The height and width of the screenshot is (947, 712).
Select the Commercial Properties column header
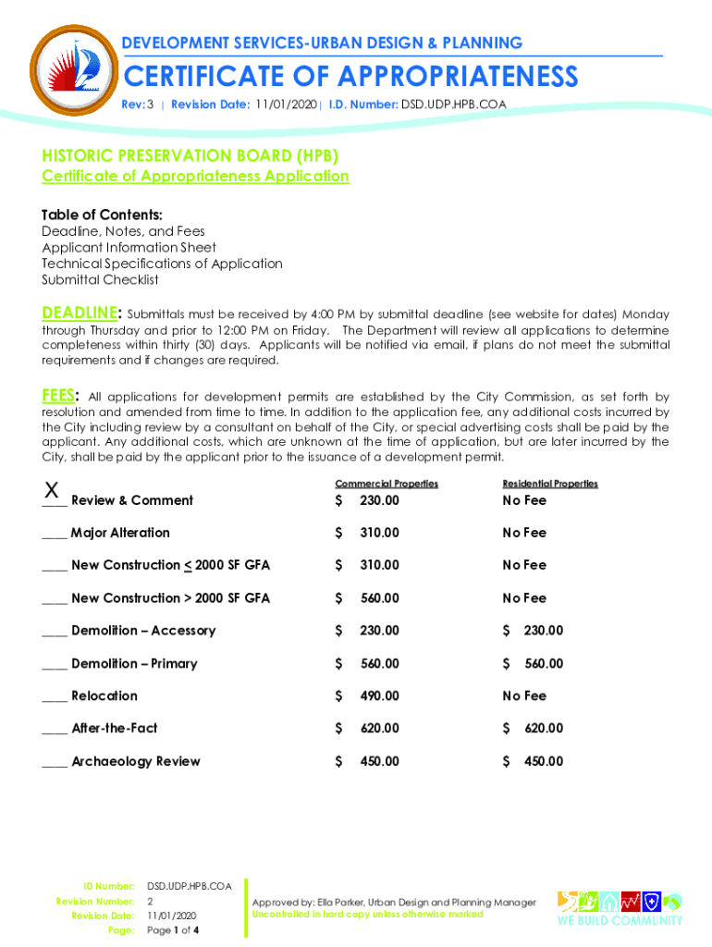point(386,484)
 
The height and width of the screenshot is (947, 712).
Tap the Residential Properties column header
point(549,484)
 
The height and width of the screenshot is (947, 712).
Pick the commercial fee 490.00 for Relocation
point(379,695)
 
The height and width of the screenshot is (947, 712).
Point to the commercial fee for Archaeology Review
point(379,761)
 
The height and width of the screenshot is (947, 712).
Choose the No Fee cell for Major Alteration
point(524,533)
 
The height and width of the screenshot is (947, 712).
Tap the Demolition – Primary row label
point(133,663)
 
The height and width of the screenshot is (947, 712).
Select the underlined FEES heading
point(60,396)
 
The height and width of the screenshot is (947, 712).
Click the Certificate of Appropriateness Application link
point(195,176)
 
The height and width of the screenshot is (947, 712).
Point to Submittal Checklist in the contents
point(100,279)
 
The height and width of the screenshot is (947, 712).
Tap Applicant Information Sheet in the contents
point(129,247)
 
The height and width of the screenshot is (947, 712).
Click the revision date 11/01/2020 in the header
point(286,105)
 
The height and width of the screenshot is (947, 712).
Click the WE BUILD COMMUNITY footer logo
point(619,908)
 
